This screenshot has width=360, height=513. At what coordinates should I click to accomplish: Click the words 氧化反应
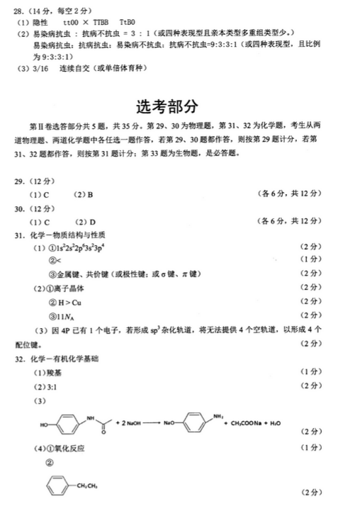coord(67,448)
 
